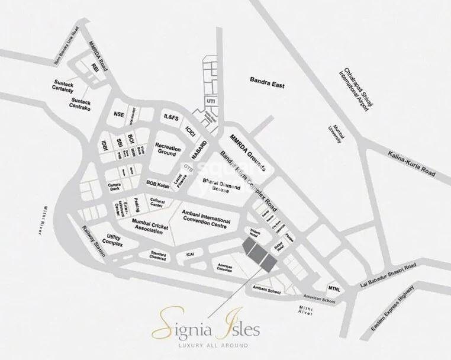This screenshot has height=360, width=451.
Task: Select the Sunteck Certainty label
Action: [x=62, y=88]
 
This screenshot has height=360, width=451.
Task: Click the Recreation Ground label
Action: [x=167, y=148]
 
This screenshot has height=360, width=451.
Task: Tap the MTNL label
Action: [x=335, y=288]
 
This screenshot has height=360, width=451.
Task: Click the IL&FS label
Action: [x=172, y=118]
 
